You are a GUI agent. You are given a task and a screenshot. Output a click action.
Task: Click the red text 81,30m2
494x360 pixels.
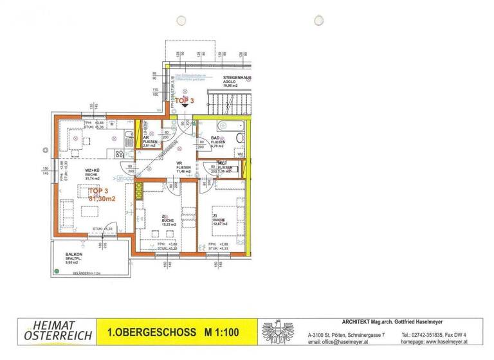point(102,199)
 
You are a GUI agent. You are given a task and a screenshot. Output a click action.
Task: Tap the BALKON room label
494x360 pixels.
point(73,254)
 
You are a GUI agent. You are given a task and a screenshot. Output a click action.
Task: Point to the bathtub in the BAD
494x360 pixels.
point(229,126)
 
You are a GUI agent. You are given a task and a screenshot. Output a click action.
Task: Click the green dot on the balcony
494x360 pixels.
point(57,271)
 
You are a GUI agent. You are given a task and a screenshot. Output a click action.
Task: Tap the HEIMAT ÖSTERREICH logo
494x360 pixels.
point(58,332)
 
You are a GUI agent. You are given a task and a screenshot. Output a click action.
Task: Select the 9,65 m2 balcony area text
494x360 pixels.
point(71,263)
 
